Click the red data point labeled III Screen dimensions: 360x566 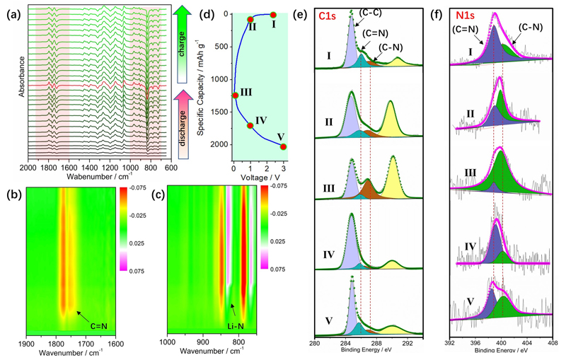pos(235,95)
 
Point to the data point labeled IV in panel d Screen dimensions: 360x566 pos(250,125)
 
